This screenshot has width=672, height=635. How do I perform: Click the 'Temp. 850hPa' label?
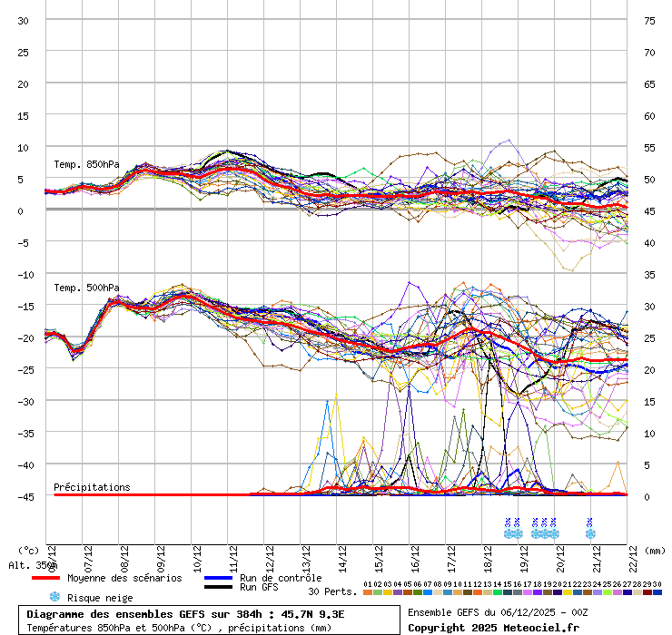pos(86,164)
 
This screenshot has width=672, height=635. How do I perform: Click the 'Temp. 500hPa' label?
pos(86,288)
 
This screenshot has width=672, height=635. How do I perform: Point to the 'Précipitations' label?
pos(92,487)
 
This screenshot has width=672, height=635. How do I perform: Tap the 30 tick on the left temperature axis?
pos(24,20)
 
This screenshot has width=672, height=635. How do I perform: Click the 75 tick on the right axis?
pos(649,20)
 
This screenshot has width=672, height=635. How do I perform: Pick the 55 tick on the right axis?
pos(649,147)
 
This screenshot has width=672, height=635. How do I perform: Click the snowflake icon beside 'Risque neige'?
pos(54,597)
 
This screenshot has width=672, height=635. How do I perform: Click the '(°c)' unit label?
pos(29,550)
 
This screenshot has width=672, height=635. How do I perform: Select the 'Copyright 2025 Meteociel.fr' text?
pos(493,627)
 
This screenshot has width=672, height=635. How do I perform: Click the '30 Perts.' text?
pos(332,591)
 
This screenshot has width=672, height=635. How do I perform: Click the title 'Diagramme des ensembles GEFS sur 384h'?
pos(135,613)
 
